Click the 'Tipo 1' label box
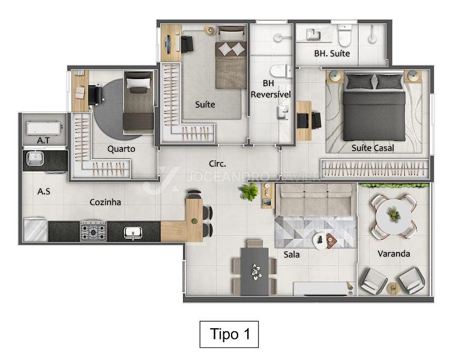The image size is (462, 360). click(x=229, y=334)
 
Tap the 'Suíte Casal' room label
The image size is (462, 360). click(x=373, y=148)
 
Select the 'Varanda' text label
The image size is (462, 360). click(x=394, y=254)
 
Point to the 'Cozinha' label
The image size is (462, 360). click(x=105, y=202)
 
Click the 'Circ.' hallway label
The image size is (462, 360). click(x=217, y=164)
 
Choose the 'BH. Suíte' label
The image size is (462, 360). click(x=332, y=53)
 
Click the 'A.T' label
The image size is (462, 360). click(x=43, y=140)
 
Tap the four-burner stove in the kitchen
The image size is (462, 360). click(x=94, y=230)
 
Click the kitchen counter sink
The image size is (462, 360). click(x=133, y=233)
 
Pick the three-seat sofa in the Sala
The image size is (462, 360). click(x=316, y=200)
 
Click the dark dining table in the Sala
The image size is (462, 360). click(x=254, y=271)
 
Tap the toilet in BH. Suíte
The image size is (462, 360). click(x=344, y=35)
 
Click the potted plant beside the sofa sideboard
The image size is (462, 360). click(x=248, y=192)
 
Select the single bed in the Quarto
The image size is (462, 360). click(x=139, y=103)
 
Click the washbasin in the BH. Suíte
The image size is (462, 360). click(x=313, y=34)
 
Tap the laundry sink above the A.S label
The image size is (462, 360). click(x=35, y=158)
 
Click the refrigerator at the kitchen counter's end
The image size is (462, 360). click(x=35, y=229)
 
